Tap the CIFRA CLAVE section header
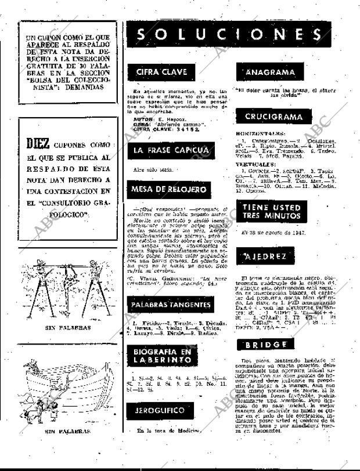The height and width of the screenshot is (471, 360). click(161, 72)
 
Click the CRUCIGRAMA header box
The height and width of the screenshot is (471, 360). click(273, 117)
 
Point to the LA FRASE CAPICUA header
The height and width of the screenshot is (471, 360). click(170, 151)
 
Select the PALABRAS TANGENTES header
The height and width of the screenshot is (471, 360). click(170, 305)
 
